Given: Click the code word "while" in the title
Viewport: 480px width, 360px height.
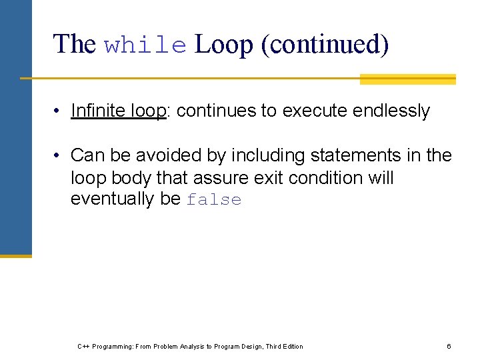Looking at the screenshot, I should click(x=145, y=45).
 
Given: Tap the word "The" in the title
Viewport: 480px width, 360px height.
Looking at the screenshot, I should click(x=75, y=45).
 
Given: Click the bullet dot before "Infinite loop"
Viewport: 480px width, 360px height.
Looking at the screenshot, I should click(x=59, y=111).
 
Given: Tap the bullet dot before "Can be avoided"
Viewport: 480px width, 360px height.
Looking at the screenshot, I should click(x=59, y=156).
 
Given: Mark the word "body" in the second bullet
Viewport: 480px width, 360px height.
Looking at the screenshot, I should click(x=131, y=178).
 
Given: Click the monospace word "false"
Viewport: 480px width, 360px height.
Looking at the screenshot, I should click(x=214, y=200).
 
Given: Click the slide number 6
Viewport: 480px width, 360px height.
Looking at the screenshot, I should click(x=449, y=346).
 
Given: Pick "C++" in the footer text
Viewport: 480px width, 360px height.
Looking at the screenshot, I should click(x=83, y=346).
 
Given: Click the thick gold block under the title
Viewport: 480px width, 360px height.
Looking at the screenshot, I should click(x=407, y=79).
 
